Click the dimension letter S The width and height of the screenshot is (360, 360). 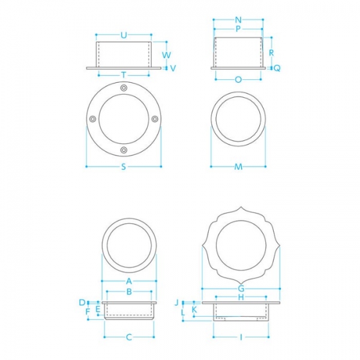[x=124, y=167]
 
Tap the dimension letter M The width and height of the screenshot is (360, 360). [x=238, y=167]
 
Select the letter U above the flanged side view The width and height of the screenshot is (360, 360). [x=124, y=35]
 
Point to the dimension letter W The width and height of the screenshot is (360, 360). [x=166, y=55]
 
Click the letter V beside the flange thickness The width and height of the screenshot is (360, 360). [x=173, y=68]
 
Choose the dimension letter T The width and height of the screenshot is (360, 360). [x=124, y=75]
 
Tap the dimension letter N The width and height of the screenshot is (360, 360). [x=238, y=20]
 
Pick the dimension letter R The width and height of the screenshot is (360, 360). [x=271, y=53]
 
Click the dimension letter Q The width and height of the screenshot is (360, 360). [x=277, y=68]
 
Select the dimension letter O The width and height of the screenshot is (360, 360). [x=238, y=80]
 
